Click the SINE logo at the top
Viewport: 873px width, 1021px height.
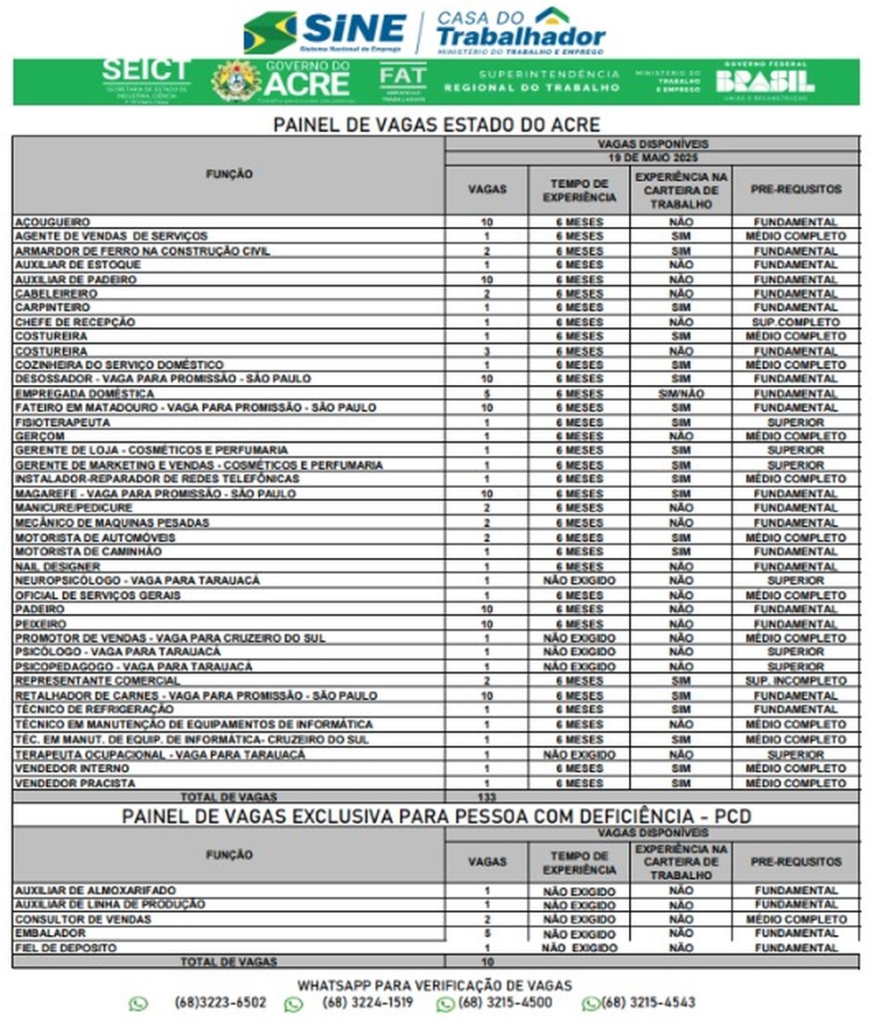(x=325, y=32)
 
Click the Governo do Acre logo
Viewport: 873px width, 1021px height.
(x=281, y=81)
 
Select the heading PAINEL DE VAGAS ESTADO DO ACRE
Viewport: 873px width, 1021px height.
(x=436, y=124)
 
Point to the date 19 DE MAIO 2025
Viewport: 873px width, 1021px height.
(x=652, y=157)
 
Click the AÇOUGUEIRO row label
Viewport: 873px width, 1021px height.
(x=52, y=222)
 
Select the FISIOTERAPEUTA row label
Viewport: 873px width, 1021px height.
(x=62, y=422)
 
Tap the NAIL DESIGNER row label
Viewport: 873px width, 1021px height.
(x=58, y=566)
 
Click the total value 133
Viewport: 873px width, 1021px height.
(x=486, y=797)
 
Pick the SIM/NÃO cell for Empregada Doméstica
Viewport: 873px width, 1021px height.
(x=680, y=394)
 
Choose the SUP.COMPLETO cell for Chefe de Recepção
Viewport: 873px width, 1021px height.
(x=795, y=322)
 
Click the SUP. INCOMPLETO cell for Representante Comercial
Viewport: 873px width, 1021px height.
(x=795, y=681)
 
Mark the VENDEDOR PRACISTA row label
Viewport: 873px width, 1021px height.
(x=75, y=783)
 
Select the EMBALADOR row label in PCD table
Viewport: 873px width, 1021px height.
(x=51, y=933)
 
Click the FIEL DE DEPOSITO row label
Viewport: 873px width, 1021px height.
(x=65, y=947)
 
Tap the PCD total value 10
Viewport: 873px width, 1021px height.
(x=486, y=962)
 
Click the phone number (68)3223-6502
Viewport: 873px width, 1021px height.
(x=220, y=1003)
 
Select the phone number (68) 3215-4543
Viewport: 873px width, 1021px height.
(x=649, y=1003)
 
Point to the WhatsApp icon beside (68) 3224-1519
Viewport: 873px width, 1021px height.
(x=294, y=1004)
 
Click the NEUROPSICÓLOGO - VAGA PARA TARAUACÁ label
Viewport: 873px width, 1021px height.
(x=138, y=580)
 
